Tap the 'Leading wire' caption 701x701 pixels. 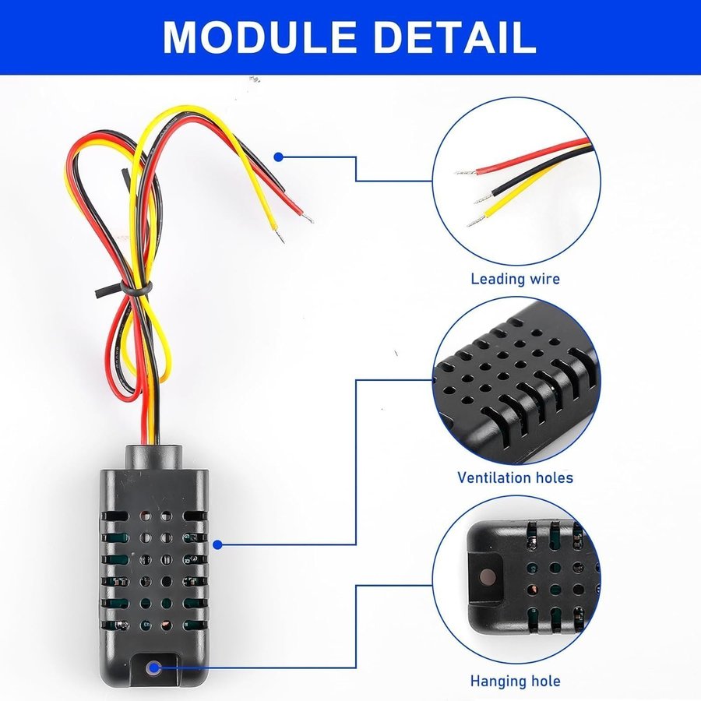click(515, 279)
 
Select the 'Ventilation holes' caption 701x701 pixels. click(515, 477)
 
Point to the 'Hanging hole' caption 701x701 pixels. click(515, 681)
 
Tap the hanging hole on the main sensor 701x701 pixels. click(153, 668)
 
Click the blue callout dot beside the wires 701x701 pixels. click(279, 157)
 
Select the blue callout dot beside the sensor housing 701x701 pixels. click(218, 544)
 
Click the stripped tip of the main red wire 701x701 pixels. click(308, 217)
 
